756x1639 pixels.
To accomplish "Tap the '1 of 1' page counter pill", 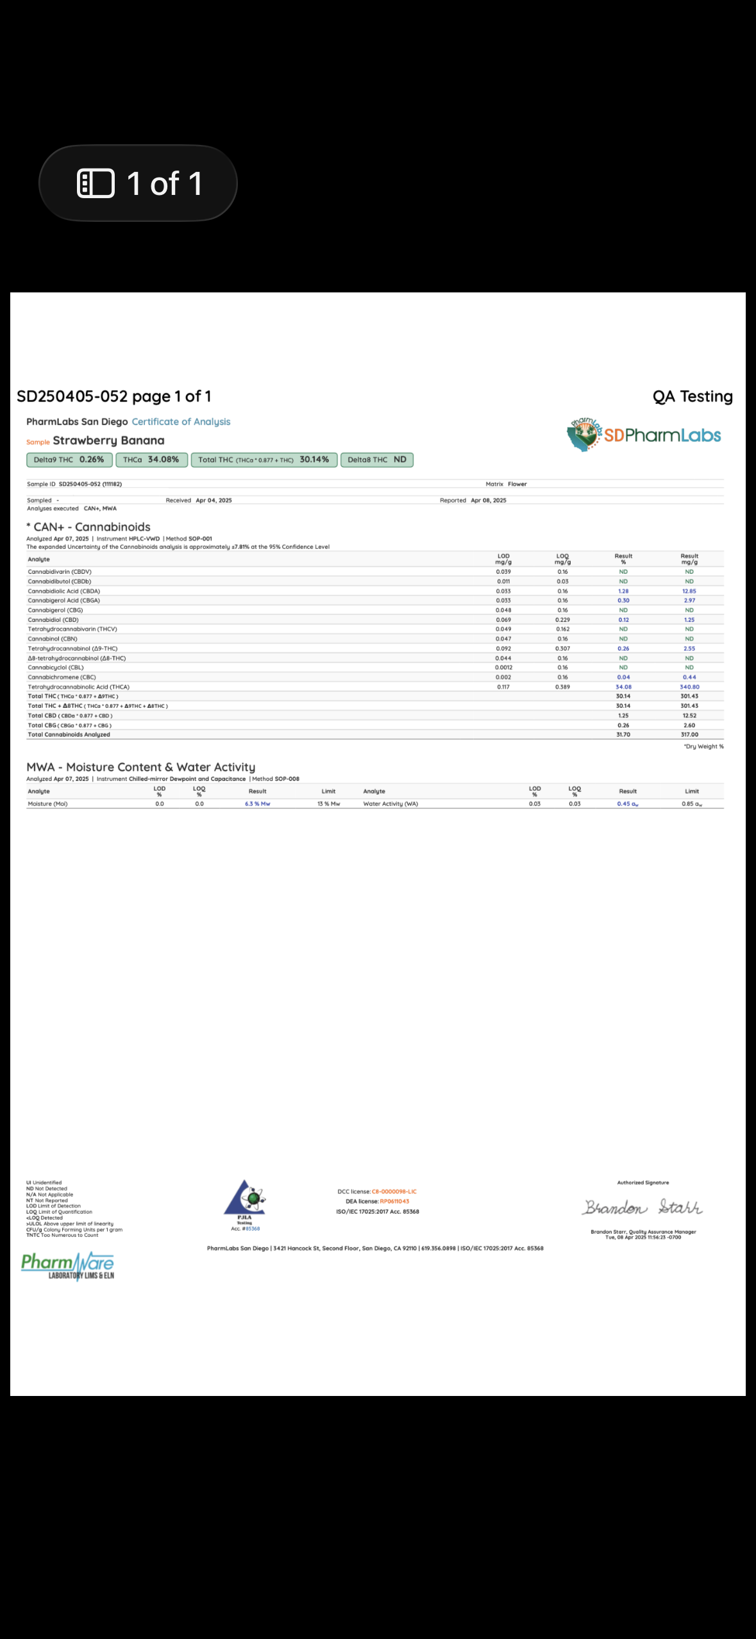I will point(138,183).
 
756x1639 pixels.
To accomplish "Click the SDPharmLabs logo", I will point(644,435).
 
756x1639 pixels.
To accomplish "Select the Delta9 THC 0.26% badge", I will point(69,460).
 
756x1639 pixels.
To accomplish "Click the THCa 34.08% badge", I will point(151,460).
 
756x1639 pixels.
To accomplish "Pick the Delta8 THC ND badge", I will point(377,460).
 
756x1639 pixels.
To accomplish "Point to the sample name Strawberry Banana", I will point(108,441).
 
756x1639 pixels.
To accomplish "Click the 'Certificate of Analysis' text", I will point(181,422).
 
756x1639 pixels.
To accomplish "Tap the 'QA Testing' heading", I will point(693,397).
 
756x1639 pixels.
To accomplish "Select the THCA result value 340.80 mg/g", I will point(689,687).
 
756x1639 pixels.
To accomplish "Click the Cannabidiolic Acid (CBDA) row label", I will point(63,591).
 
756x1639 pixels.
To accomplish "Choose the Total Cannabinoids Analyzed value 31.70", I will point(623,735).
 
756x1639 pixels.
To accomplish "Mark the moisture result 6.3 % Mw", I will point(257,804).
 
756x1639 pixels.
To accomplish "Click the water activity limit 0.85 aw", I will point(691,804).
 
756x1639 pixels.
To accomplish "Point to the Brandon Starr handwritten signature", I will point(643,1208).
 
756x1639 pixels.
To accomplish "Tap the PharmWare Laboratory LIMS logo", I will point(68,1266).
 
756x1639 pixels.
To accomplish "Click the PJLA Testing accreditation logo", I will point(245,1203).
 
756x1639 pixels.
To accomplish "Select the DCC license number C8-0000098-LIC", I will point(394,1191).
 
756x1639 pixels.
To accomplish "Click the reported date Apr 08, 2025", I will point(488,501).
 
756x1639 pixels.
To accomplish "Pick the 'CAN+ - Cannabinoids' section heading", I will point(92,527).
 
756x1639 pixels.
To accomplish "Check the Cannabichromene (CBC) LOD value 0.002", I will point(503,677).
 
